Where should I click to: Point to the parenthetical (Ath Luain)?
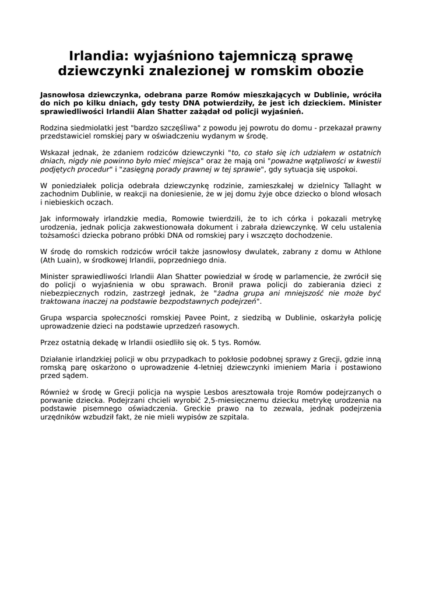pos(61,260)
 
